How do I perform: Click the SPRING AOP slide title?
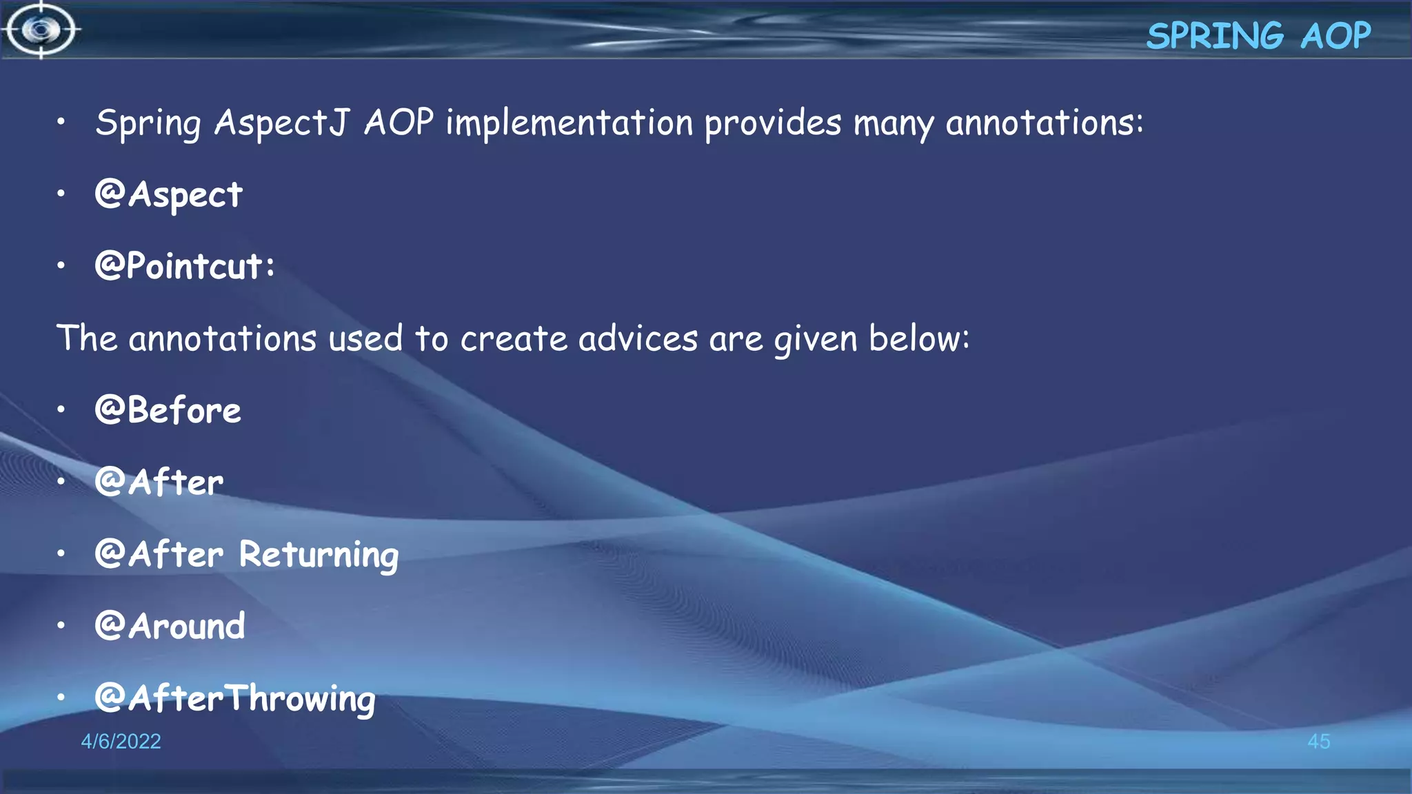(x=1258, y=36)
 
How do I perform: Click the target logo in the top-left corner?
(x=41, y=30)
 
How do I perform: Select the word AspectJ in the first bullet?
(x=281, y=123)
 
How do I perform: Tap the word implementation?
(x=569, y=123)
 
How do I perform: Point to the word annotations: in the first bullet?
(x=1044, y=123)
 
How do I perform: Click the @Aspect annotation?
(x=169, y=195)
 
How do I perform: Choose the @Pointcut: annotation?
(x=185, y=267)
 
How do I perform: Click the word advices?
(x=638, y=339)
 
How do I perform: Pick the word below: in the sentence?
(x=918, y=339)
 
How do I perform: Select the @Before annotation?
(x=168, y=411)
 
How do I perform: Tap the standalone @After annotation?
(x=159, y=482)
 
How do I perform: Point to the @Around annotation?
(x=170, y=627)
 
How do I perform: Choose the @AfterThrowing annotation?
(x=235, y=699)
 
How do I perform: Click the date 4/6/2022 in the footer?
(x=121, y=742)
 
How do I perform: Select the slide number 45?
(x=1318, y=742)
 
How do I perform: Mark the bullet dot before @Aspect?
(x=61, y=194)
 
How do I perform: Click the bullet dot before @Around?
(x=61, y=626)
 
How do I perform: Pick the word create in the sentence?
(x=514, y=339)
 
